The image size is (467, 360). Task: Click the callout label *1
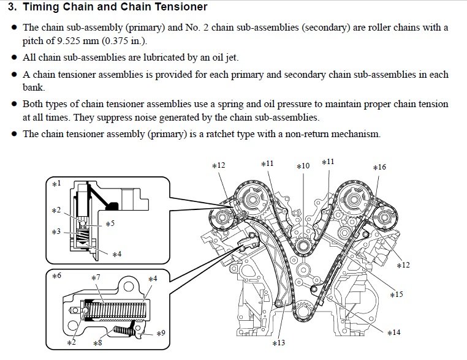pyautogui.click(x=56, y=183)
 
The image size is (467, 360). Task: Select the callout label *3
pyautogui.click(x=56, y=232)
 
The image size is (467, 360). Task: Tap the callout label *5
pyautogui.click(x=110, y=223)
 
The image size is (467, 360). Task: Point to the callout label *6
pyautogui.click(x=56, y=276)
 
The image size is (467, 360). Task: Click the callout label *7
pyautogui.click(x=96, y=278)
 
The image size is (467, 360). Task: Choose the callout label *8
pyautogui.click(x=97, y=343)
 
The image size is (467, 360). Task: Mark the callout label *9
pyautogui.click(x=161, y=334)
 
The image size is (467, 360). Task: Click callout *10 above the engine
pyautogui.click(x=303, y=166)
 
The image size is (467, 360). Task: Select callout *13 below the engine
pyautogui.click(x=278, y=343)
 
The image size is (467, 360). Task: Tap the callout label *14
pyautogui.click(x=393, y=332)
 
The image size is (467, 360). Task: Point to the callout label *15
pyautogui.click(x=397, y=294)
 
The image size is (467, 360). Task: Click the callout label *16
pyautogui.click(x=379, y=167)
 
